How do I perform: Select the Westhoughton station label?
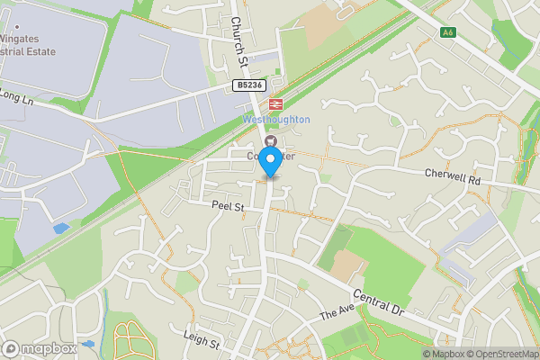[x=275, y=120]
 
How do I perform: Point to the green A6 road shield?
[x=447, y=32]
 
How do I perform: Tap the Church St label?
[x=238, y=40]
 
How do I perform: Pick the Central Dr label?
[x=377, y=303]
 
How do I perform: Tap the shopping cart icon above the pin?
[x=268, y=140]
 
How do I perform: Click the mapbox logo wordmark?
[x=49, y=348]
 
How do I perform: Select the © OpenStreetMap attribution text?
[x=501, y=353]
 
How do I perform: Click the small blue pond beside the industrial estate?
[x=60, y=229]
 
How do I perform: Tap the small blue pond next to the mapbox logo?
[x=88, y=343]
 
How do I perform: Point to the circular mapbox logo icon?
[x=12, y=348]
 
